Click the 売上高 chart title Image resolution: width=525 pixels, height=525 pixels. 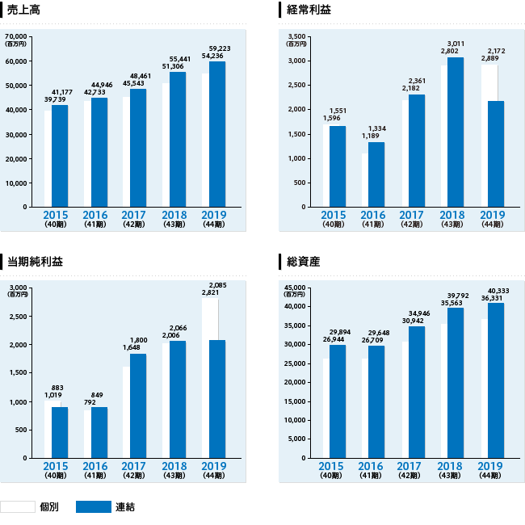point(24,10)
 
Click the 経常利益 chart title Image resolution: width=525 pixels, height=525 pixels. point(309,10)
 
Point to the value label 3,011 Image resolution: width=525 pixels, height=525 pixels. point(454,44)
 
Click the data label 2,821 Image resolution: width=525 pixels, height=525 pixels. point(211,293)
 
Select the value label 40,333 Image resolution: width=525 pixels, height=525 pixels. point(498,291)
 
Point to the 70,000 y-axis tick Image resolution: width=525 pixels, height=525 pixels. point(16,36)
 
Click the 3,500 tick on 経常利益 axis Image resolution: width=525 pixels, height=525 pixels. point(296,36)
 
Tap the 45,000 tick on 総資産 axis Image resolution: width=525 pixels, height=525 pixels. point(295,288)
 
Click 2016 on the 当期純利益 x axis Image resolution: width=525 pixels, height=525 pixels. point(94,466)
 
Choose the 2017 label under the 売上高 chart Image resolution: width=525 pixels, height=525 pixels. point(134,215)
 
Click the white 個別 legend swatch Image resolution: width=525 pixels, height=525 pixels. point(17,506)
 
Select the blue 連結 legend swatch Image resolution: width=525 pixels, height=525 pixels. point(94,506)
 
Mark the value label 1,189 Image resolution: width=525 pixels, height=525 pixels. point(371,136)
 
